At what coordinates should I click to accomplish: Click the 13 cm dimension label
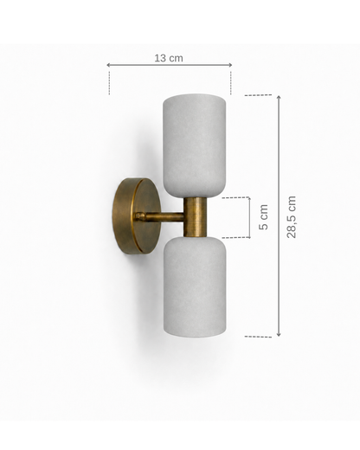tap(169, 58)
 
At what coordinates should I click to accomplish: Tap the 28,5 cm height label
tap(292, 217)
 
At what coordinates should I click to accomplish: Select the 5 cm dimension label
tap(263, 217)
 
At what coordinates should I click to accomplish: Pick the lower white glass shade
tap(195, 286)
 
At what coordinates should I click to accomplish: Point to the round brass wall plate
tap(136, 216)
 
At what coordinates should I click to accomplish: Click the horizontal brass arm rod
tap(163, 217)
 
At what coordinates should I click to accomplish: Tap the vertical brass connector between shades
tap(195, 217)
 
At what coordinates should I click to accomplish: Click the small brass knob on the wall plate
tap(140, 216)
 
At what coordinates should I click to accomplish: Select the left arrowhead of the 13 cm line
tap(108, 65)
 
